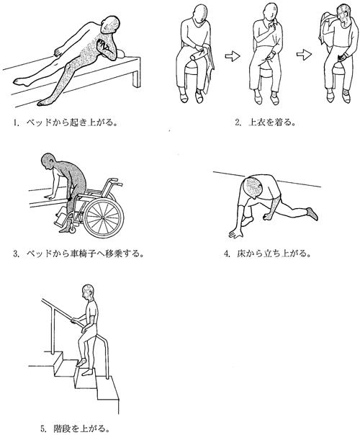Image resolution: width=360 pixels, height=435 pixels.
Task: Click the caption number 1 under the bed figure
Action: point(15,122)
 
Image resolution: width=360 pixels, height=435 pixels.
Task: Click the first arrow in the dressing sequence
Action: point(232,56)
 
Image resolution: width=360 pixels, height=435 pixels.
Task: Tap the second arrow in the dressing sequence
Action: point(304,55)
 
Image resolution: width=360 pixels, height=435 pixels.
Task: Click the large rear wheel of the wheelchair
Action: point(104,217)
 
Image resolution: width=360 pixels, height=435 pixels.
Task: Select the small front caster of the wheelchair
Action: point(73,228)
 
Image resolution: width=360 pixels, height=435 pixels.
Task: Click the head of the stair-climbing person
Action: point(88,292)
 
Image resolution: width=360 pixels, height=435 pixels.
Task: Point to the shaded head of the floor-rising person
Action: point(252,187)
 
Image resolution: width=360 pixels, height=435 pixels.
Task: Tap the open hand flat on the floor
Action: point(235,234)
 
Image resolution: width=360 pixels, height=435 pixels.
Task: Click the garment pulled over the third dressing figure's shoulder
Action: point(326,28)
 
